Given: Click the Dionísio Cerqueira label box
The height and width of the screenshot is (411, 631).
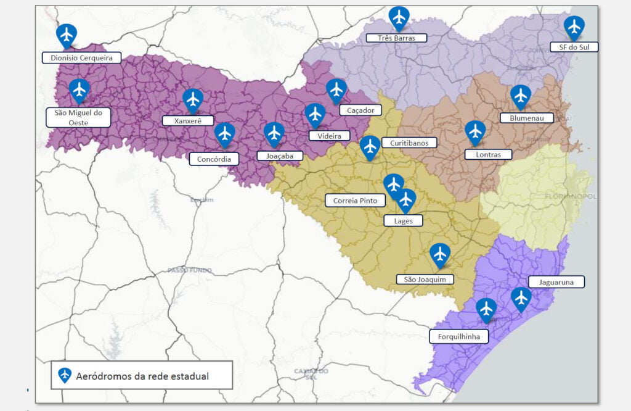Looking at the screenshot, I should tap(81, 58).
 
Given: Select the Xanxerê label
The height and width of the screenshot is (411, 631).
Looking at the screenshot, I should tap(188, 120).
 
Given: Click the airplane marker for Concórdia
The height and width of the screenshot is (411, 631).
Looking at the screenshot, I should tap(224, 134).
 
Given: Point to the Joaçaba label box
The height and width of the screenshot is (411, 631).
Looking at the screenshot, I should tap(280, 156).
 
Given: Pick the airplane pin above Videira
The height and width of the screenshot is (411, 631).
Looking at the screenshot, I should tap(315, 114).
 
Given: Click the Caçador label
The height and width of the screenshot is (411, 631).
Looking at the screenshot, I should tap(360, 110).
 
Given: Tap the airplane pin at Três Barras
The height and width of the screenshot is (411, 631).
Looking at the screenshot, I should tap(399, 18).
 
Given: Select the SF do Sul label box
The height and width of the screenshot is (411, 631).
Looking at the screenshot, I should tap(574, 47).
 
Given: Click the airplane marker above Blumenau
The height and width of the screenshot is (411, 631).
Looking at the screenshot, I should tap(521, 96).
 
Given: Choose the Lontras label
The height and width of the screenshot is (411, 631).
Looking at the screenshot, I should tap(489, 154).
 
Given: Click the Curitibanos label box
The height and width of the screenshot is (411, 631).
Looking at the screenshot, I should tap(409, 143).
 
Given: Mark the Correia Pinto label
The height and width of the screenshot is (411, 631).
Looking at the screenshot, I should tap(355, 201).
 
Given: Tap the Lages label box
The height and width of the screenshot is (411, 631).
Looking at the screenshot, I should tap(403, 220).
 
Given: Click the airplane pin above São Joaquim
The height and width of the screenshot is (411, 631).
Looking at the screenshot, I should tap(439, 254).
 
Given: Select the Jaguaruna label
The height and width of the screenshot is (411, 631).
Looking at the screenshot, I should tap(556, 282).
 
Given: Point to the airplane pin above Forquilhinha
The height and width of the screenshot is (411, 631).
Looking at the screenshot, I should tap(486, 309).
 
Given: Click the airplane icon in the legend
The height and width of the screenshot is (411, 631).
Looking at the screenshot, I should tap(65, 375).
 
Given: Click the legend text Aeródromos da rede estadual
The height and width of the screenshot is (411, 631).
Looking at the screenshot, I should tap(142, 376).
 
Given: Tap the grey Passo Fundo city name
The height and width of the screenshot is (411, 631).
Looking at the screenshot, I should tap(190, 270).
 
